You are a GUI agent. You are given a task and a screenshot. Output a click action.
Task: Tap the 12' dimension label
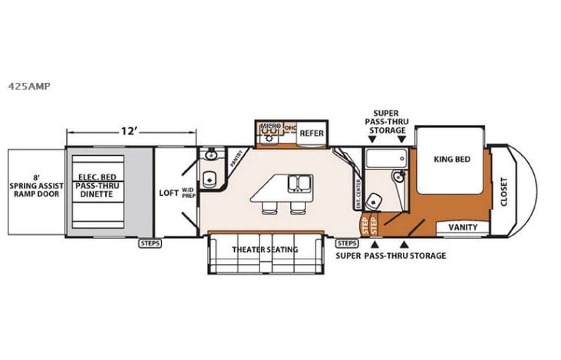click(x=130, y=130)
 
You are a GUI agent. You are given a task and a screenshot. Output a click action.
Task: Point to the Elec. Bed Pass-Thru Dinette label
click(x=95, y=186)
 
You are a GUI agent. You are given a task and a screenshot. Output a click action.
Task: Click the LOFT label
click(x=168, y=193)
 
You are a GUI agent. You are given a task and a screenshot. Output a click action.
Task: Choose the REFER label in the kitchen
click(x=311, y=133)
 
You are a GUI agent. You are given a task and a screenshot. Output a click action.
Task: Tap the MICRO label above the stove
click(x=268, y=125)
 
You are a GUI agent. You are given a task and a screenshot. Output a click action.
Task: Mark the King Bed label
click(x=451, y=160)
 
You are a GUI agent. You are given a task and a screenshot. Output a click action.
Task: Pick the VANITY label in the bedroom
click(x=462, y=227)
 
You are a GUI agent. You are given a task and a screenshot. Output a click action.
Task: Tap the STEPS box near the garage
click(x=149, y=243)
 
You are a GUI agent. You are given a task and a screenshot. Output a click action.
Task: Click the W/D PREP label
click(x=187, y=193)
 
